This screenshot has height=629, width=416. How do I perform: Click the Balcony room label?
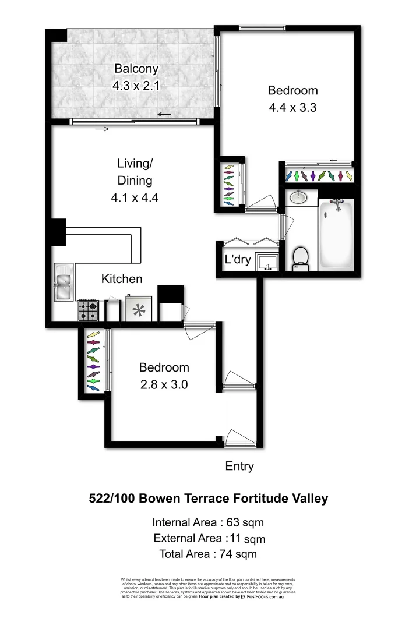point(136,69)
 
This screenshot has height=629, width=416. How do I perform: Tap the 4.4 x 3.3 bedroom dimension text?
point(292,107)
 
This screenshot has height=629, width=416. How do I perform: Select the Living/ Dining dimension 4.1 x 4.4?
point(135,197)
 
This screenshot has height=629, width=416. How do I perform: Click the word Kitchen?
point(122,279)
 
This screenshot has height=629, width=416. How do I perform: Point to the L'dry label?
point(238,260)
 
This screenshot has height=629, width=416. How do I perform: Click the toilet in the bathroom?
point(301,258)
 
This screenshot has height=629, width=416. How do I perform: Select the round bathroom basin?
point(299,197)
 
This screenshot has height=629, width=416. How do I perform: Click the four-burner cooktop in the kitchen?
point(88,310)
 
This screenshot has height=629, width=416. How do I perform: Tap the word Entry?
point(239,466)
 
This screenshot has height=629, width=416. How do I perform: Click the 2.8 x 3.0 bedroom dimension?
point(164,384)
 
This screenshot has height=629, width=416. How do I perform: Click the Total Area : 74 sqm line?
point(208,554)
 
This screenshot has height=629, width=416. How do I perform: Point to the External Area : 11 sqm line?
point(208,538)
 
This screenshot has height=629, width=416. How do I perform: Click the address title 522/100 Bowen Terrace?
point(208,499)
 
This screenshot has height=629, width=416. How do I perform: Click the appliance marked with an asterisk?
point(139,310)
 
